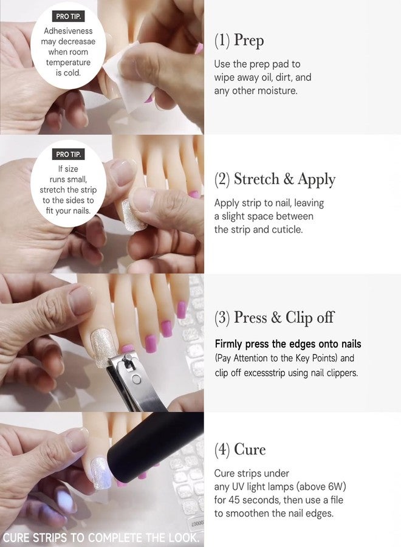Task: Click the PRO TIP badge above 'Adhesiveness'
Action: coord(68,16)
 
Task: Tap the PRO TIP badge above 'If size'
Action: coord(68,154)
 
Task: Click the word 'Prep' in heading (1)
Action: coord(248,41)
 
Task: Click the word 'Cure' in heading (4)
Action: coord(250,449)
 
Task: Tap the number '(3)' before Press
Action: coord(222,318)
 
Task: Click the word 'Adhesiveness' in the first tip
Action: coord(68,31)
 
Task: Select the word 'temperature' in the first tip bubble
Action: coord(68,63)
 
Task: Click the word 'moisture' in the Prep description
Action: coord(277,91)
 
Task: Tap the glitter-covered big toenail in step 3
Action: coord(103,348)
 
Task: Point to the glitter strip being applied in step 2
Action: coord(133,216)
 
